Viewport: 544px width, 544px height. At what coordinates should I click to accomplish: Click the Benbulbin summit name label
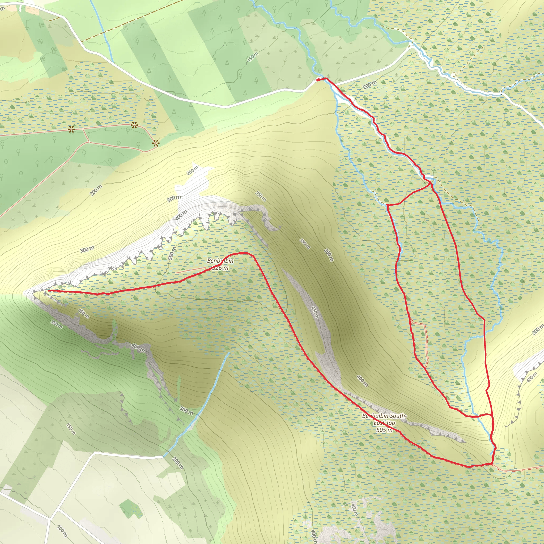tap(220, 261)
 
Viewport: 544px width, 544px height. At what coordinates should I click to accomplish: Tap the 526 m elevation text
tap(220, 268)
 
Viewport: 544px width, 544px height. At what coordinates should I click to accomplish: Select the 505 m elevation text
tap(384, 430)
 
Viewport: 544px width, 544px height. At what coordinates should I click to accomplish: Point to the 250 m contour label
tap(192, 170)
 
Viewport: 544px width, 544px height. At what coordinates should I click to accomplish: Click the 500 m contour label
tap(172, 253)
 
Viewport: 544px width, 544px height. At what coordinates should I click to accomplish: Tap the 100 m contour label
tap(62, 531)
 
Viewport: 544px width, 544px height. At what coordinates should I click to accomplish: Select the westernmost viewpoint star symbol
tap(71, 130)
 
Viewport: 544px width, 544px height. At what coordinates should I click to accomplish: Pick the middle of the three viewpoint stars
tap(134, 125)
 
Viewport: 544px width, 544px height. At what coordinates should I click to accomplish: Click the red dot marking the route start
tap(318, 80)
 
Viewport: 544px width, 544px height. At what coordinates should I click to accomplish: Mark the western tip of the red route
tap(48, 291)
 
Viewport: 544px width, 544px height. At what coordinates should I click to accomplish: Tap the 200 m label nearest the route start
tap(369, 84)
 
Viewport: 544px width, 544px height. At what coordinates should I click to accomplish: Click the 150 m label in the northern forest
tap(253, 57)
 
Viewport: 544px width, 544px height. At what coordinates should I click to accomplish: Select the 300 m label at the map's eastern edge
tap(537, 330)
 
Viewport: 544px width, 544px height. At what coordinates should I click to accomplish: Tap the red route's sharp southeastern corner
tap(492, 464)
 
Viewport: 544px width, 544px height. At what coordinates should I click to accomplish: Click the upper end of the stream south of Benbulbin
tap(229, 353)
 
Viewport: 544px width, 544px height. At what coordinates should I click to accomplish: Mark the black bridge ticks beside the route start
tap(325, 79)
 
